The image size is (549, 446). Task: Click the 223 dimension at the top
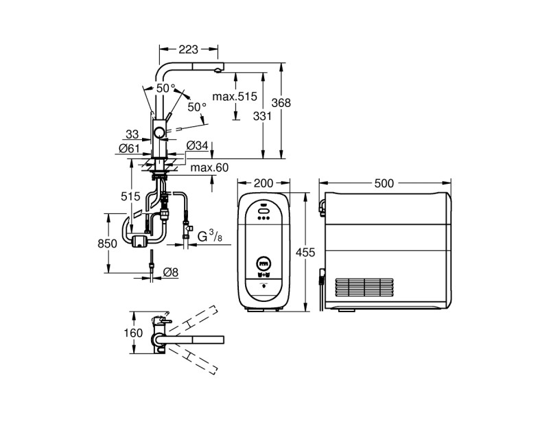coord(189,49)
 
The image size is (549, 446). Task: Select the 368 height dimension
coord(281,102)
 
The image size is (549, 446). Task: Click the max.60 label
coord(209,167)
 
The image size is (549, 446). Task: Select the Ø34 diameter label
coord(198,145)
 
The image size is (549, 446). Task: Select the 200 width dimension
coord(264,183)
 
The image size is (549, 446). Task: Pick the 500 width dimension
coord(386,183)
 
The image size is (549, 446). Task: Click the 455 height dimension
coord(305,253)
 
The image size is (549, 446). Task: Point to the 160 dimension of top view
coord(135,333)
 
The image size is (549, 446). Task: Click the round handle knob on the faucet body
coord(159,133)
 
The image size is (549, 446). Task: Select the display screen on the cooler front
coord(264,262)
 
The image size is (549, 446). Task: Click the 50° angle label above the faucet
coord(165,89)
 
